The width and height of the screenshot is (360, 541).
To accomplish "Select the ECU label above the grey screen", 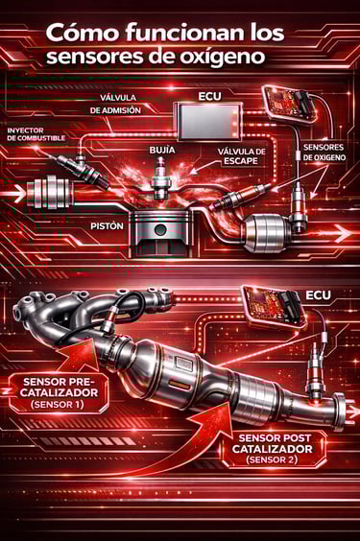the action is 209,96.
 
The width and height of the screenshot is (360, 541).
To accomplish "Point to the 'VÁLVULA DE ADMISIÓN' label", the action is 115,104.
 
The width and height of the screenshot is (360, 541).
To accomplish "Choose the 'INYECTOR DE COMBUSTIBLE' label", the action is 36,134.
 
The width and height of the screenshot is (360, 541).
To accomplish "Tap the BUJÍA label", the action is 162,150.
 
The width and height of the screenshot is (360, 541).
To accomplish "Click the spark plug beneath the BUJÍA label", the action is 161,179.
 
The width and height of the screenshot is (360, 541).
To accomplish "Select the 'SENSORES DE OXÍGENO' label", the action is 324,153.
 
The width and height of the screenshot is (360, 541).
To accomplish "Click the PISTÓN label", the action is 107,226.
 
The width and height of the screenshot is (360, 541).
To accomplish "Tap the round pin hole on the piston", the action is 160,229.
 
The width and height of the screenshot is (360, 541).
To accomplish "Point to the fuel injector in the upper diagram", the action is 83,170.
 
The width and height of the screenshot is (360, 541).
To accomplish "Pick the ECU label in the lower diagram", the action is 318,295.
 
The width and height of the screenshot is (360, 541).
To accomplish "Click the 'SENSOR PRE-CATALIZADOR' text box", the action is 59,393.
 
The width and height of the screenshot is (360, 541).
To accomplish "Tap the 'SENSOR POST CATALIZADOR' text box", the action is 274,449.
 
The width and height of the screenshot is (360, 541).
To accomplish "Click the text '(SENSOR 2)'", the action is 272,459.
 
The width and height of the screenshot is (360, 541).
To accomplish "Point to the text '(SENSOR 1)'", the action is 58,405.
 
